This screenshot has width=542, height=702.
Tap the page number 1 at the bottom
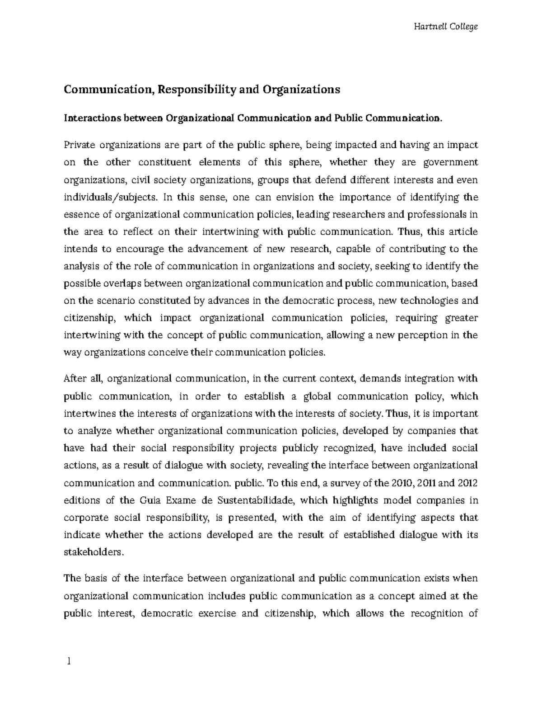pos(68,661)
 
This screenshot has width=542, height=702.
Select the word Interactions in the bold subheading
pos(89,118)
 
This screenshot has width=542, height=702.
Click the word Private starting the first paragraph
pos(79,145)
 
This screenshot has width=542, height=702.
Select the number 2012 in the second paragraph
pos(467,483)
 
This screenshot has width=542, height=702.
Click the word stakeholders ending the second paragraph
pos(93,552)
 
